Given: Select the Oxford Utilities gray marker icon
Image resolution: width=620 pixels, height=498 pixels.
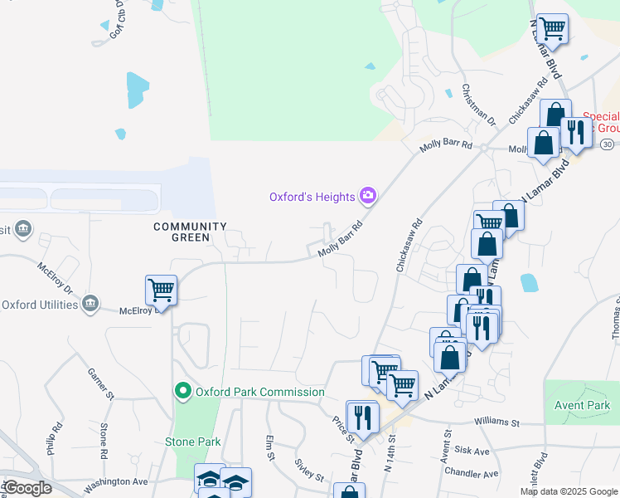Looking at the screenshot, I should click(91, 304).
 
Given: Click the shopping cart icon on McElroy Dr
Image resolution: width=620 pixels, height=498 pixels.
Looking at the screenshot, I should click(161, 290).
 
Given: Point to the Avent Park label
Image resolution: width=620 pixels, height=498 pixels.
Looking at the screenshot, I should click(581, 405).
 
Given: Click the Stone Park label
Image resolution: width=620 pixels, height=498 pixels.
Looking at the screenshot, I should click(192, 442).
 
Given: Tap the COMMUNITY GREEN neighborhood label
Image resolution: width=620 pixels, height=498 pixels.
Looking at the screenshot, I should click(189, 232).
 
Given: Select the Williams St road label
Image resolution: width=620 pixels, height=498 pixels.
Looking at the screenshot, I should click(496, 422).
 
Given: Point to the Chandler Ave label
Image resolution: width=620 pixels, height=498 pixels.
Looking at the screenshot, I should click(472, 474).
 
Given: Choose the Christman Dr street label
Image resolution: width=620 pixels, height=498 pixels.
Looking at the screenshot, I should click(478, 105).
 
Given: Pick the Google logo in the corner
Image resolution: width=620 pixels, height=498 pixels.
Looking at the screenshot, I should click(27, 488).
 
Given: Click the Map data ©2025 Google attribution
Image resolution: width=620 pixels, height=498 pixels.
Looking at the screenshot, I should click(569, 491).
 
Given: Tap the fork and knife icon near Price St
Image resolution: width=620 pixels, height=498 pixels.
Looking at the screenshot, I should click(362, 416).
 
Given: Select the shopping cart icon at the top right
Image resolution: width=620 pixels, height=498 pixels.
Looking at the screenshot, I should click(552, 28).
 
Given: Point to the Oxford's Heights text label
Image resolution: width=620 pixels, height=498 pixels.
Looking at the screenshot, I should click(312, 197).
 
